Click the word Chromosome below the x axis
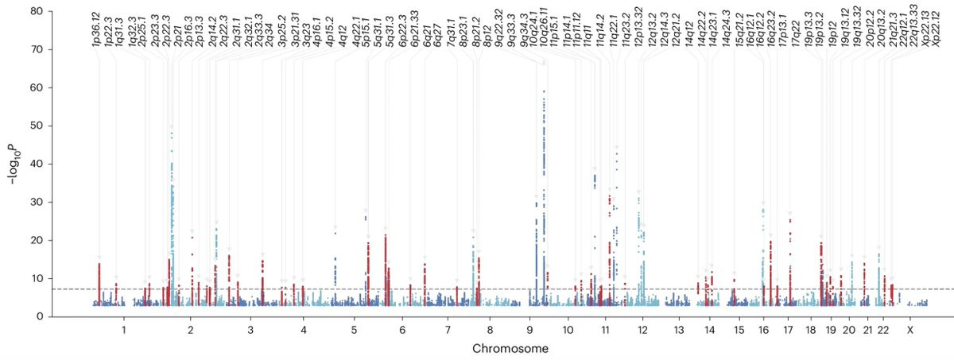coord(510,349)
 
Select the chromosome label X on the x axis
coord(910,329)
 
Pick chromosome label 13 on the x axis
coord(678,329)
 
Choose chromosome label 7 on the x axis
coord(448,329)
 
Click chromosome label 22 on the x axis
coord(882,329)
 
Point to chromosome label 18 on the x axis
coord(810,329)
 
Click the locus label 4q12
coord(343,37)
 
